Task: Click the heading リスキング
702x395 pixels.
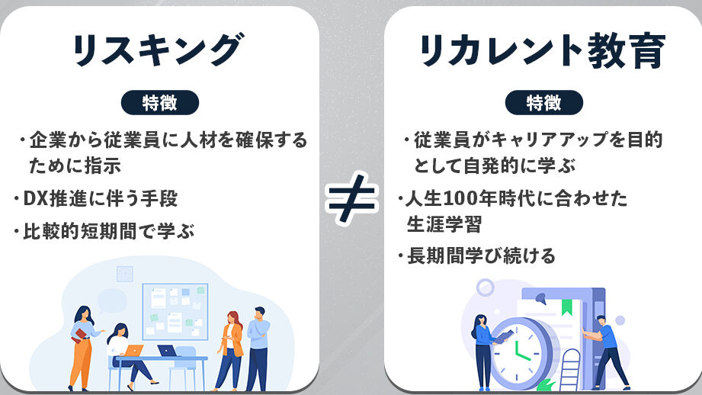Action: point(158,50)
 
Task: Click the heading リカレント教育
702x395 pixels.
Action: point(542,50)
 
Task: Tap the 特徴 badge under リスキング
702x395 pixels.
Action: point(160,102)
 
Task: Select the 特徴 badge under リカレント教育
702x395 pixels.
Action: point(544,102)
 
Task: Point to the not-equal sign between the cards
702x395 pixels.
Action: point(352,198)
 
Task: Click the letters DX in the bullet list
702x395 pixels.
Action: point(35,198)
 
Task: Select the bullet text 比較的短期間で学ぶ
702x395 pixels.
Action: point(109,232)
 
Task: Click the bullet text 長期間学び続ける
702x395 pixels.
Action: point(481,256)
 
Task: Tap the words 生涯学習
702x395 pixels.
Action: point(444,224)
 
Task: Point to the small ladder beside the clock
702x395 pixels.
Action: point(569,370)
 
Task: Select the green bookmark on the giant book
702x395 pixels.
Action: point(567,307)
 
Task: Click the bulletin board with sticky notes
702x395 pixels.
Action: point(175,312)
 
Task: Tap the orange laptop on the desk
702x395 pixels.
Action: point(133,350)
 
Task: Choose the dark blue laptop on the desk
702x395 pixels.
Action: point(168,351)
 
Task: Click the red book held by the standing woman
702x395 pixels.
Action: point(79,336)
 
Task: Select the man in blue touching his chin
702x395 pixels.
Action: point(258,348)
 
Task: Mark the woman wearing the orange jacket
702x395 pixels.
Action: point(230,350)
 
